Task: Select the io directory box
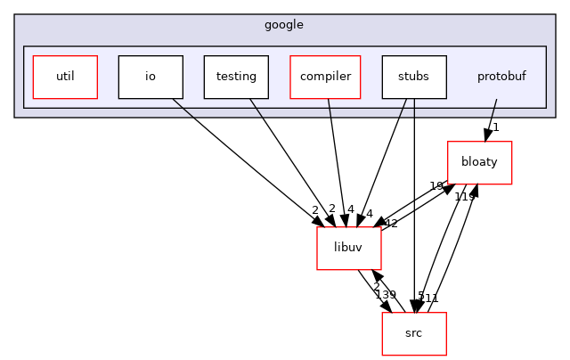[x=151, y=77]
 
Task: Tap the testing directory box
[x=236, y=77]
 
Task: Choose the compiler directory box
[x=325, y=77]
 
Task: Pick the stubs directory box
[x=414, y=77]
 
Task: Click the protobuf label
[x=501, y=77]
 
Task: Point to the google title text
[x=284, y=25]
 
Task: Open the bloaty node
[x=479, y=163]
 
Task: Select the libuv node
[x=349, y=249]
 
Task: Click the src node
[x=413, y=333]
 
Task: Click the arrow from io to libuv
[x=245, y=161]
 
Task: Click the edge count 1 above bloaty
[x=496, y=128]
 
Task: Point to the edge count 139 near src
[x=386, y=295]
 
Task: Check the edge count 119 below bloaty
[x=465, y=196]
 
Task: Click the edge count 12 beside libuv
[x=390, y=224]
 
